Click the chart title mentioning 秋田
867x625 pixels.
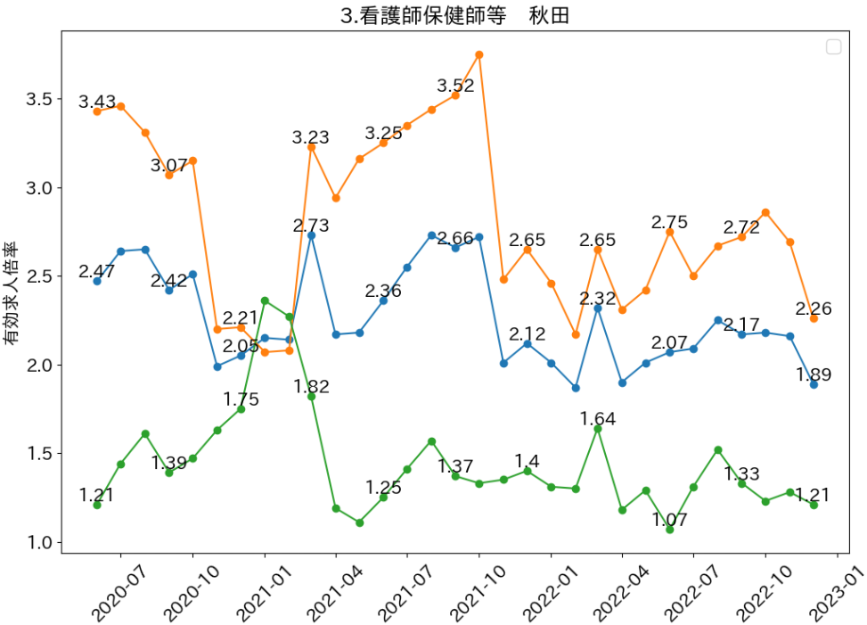[454, 15]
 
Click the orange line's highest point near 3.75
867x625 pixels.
[479, 54]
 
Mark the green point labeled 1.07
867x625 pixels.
[670, 530]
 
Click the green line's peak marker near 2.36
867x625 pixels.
[265, 300]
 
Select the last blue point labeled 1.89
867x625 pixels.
[814, 384]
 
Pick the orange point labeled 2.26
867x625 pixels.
[814, 318]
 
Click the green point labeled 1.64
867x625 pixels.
[598, 429]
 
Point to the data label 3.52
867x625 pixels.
[455, 86]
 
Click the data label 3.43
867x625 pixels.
[97, 102]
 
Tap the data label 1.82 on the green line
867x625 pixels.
[312, 386]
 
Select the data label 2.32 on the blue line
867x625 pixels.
[598, 298]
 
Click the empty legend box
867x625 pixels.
[834, 47]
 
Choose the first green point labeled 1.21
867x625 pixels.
[97, 505]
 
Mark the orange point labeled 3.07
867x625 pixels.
[168, 175]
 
